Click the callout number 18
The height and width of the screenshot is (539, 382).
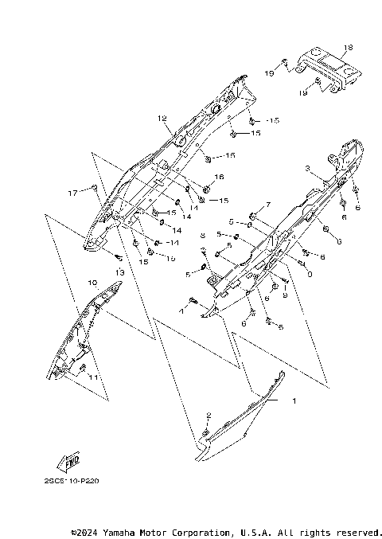point(347,48)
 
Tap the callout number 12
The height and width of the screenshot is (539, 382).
point(162,119)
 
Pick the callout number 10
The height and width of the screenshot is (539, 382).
point(92,283)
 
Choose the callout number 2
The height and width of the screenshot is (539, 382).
point(209,415)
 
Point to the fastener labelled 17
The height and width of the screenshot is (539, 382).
point(95,187)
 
